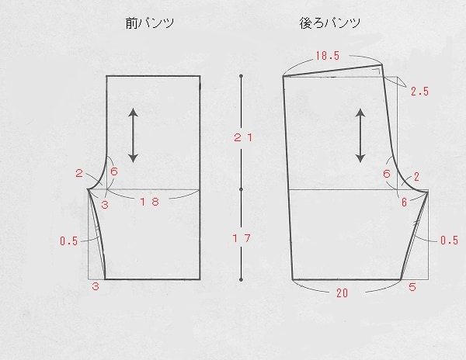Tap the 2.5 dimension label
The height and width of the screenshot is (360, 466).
point(419,92)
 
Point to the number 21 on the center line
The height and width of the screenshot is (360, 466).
point(242,137)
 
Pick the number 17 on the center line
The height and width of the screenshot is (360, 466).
point(242,239)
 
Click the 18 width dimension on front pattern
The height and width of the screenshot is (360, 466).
point(149,202)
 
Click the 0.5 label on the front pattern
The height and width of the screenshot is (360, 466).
point(68,241)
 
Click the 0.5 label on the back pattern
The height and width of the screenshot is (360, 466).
point(448,241)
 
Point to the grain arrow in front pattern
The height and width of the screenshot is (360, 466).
point(133,135)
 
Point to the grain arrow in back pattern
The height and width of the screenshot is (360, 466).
point(361,135)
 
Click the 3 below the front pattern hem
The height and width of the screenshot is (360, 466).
point(96,287)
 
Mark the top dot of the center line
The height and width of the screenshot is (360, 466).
point(242,76)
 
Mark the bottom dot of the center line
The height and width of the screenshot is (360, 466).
point(242,279)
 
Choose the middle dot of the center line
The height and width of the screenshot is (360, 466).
point(242,189)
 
